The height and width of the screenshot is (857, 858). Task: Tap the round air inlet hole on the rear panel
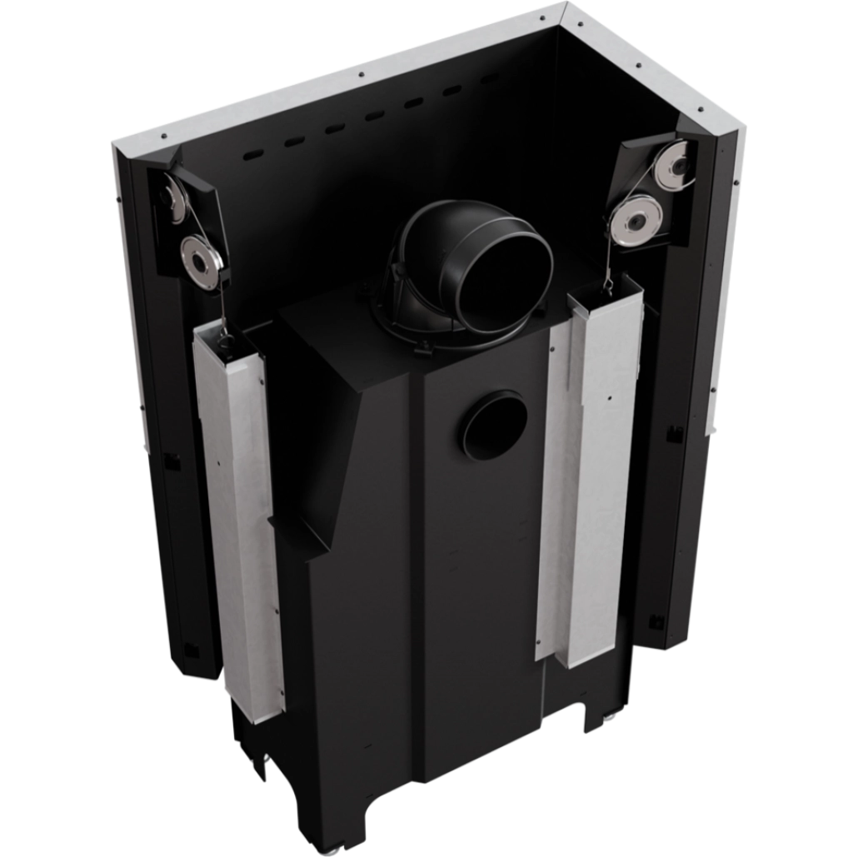pyautogui.click(x=491, y=426)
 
